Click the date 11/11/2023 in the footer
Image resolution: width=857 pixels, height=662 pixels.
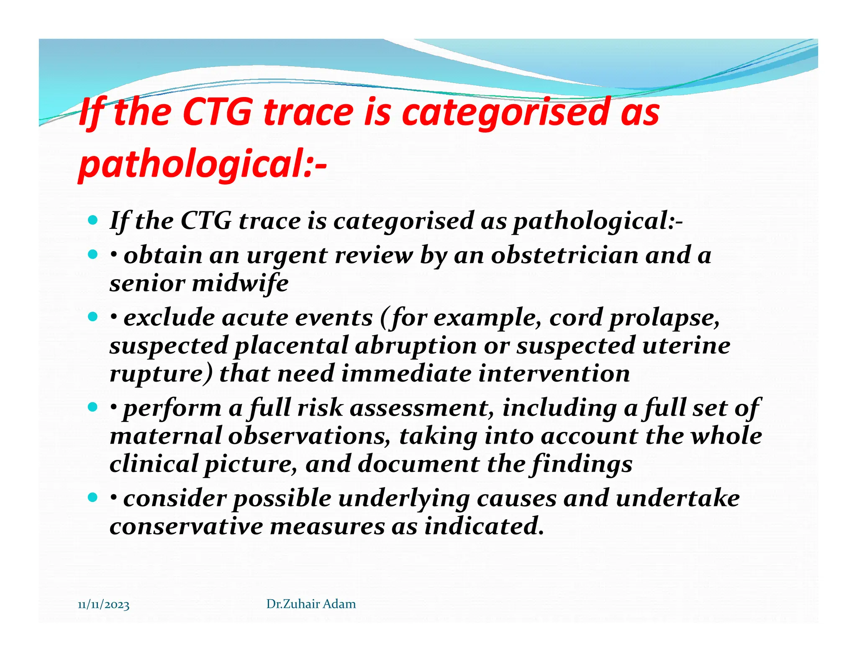[103, 605]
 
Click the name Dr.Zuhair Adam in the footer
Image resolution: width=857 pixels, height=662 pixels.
[311, 604]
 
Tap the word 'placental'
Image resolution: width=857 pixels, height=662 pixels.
[291, 346]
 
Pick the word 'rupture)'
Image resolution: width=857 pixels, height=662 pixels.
[161, 374]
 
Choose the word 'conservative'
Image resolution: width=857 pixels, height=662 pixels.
[186, 526]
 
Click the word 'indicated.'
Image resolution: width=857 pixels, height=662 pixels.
[484, 526]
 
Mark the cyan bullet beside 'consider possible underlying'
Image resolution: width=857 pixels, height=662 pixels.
[93, 498]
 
